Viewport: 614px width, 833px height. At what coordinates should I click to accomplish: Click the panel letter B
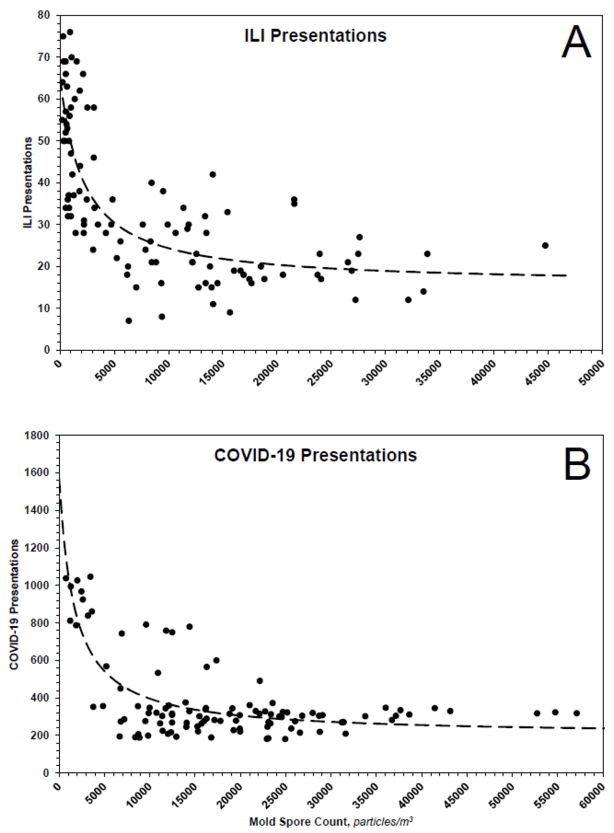[577, 464]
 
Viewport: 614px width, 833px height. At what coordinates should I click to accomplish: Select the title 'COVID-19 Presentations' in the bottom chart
[315, 455]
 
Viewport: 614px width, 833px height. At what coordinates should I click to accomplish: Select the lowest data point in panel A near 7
[129, 321]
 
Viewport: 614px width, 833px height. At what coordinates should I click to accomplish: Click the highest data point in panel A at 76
[70, 32]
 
